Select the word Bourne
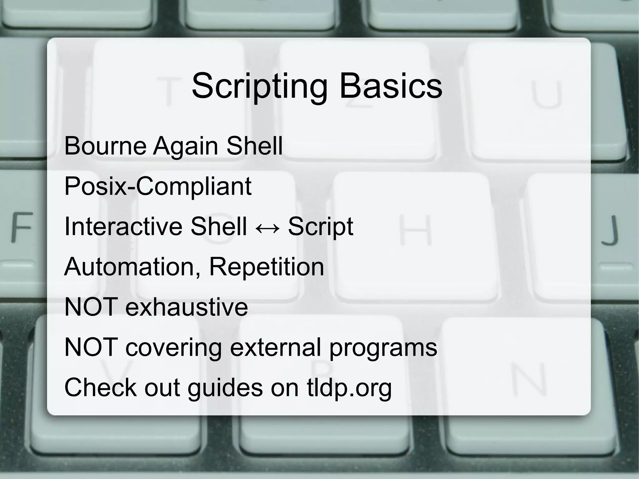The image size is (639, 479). click(105, 146)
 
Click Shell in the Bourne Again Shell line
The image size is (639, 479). click(254, 146)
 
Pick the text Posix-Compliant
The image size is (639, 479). click(158, 186)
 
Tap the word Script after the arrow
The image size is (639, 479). click(320, 227)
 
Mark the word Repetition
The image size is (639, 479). click(266, 267)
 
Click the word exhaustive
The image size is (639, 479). click(187, 307)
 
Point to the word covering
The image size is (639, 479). click(173, 348)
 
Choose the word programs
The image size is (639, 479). click(383, 348)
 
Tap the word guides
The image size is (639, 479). click(225, 388)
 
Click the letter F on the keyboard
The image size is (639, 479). click(22, 227)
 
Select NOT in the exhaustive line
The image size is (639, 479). click(91, 307)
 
